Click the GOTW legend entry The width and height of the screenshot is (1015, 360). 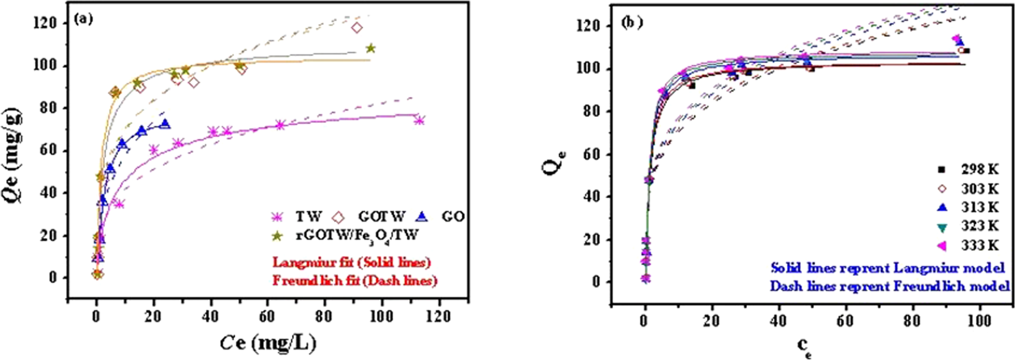(371, 217)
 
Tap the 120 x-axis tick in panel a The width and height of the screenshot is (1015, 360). (438, 317)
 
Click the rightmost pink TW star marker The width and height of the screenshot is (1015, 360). (419, 120)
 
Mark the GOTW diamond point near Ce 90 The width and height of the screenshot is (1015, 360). (356, 28)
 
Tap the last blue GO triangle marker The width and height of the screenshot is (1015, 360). (165, 124)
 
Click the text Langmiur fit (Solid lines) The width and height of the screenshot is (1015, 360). (351, 262)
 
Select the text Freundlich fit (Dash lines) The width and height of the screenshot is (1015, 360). (354, 280)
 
